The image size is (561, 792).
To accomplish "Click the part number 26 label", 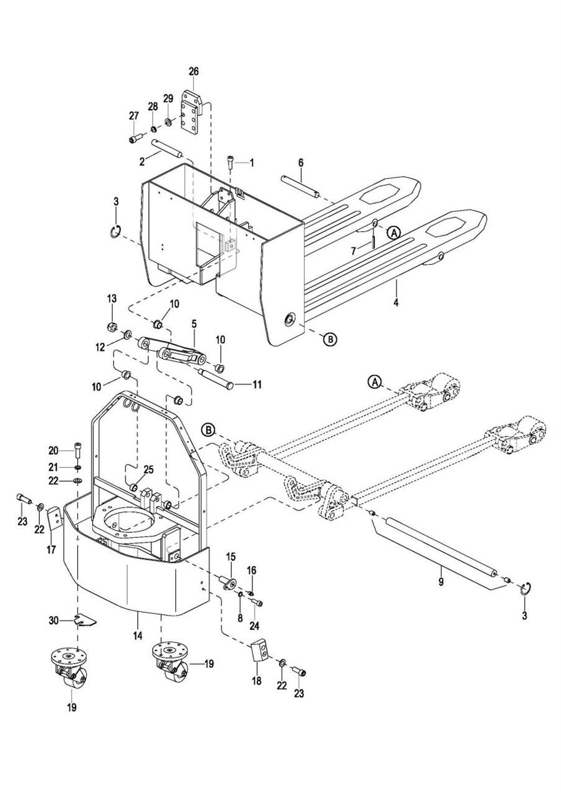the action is (x=193, y=72).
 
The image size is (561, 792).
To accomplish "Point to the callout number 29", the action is (x=168, y=98).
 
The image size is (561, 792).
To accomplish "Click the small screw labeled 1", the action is (x=231, y=164).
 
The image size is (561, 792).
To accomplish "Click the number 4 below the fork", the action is (x=396, y=303).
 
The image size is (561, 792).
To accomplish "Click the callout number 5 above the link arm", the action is (x=194, y=323).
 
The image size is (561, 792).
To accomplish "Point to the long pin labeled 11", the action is (x=216, y=379).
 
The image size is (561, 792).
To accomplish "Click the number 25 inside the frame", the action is (x=148, y=470).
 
